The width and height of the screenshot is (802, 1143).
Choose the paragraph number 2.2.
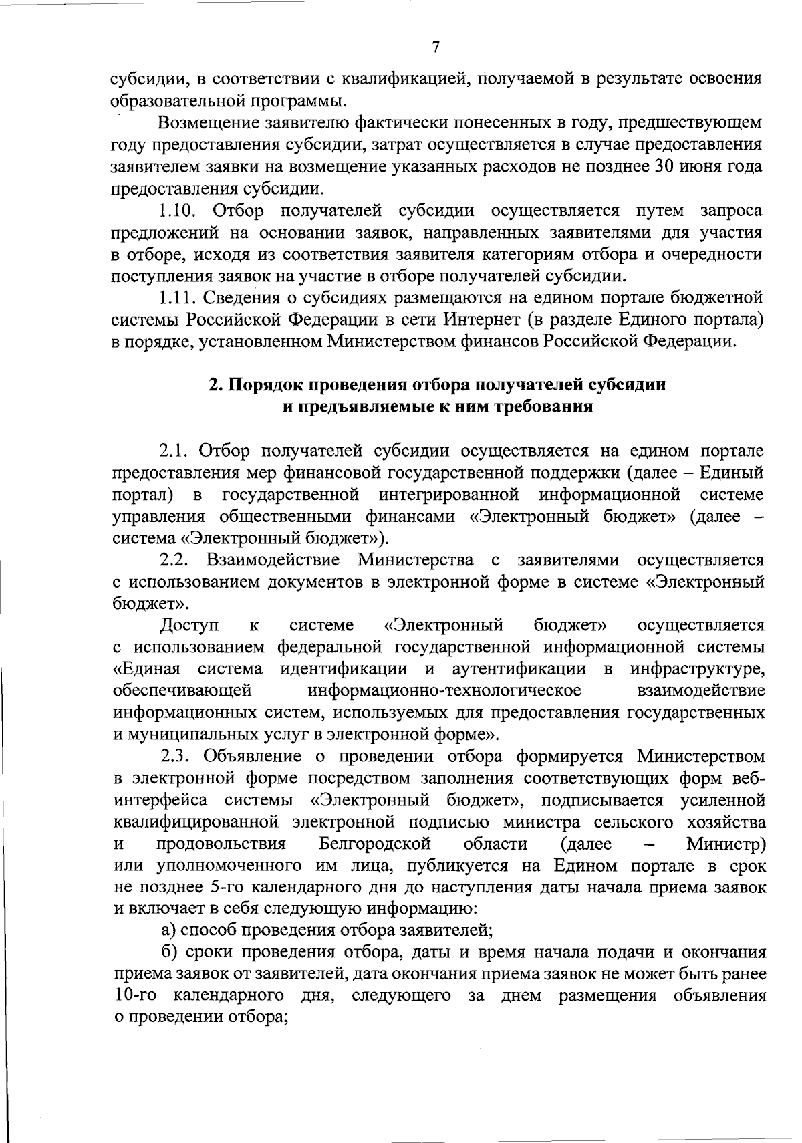point(176,559)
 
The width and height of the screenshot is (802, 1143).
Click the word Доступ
point(190,625)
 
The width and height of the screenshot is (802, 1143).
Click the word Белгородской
point(375,844)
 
